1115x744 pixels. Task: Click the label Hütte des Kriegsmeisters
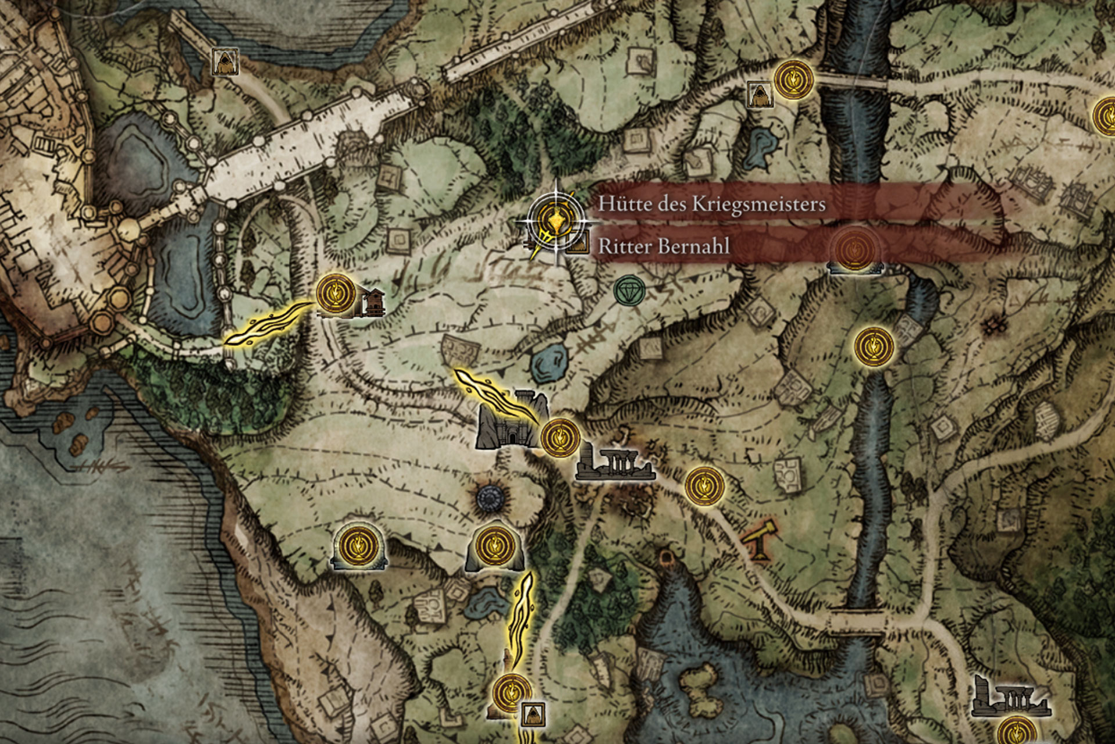point(711,205)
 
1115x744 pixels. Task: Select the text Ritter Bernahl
point(664,246)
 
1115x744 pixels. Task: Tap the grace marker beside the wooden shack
point(336,295)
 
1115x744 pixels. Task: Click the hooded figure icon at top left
point(223,62)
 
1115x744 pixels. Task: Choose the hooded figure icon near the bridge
point(759,95)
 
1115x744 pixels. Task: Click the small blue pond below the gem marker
point(548,362)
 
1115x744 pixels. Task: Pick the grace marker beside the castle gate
point(560,437)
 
